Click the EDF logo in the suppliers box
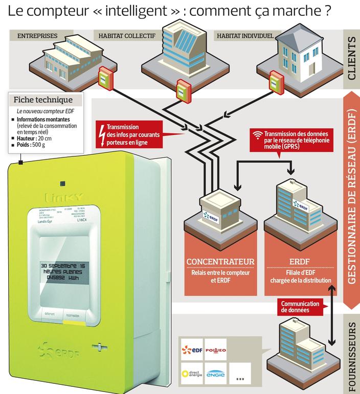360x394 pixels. point(191,350)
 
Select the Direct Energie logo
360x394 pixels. point(191,374)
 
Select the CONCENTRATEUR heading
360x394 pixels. point(220,262)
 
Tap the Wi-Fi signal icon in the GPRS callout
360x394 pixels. point(258,135)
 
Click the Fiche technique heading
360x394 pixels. point(42,100)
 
